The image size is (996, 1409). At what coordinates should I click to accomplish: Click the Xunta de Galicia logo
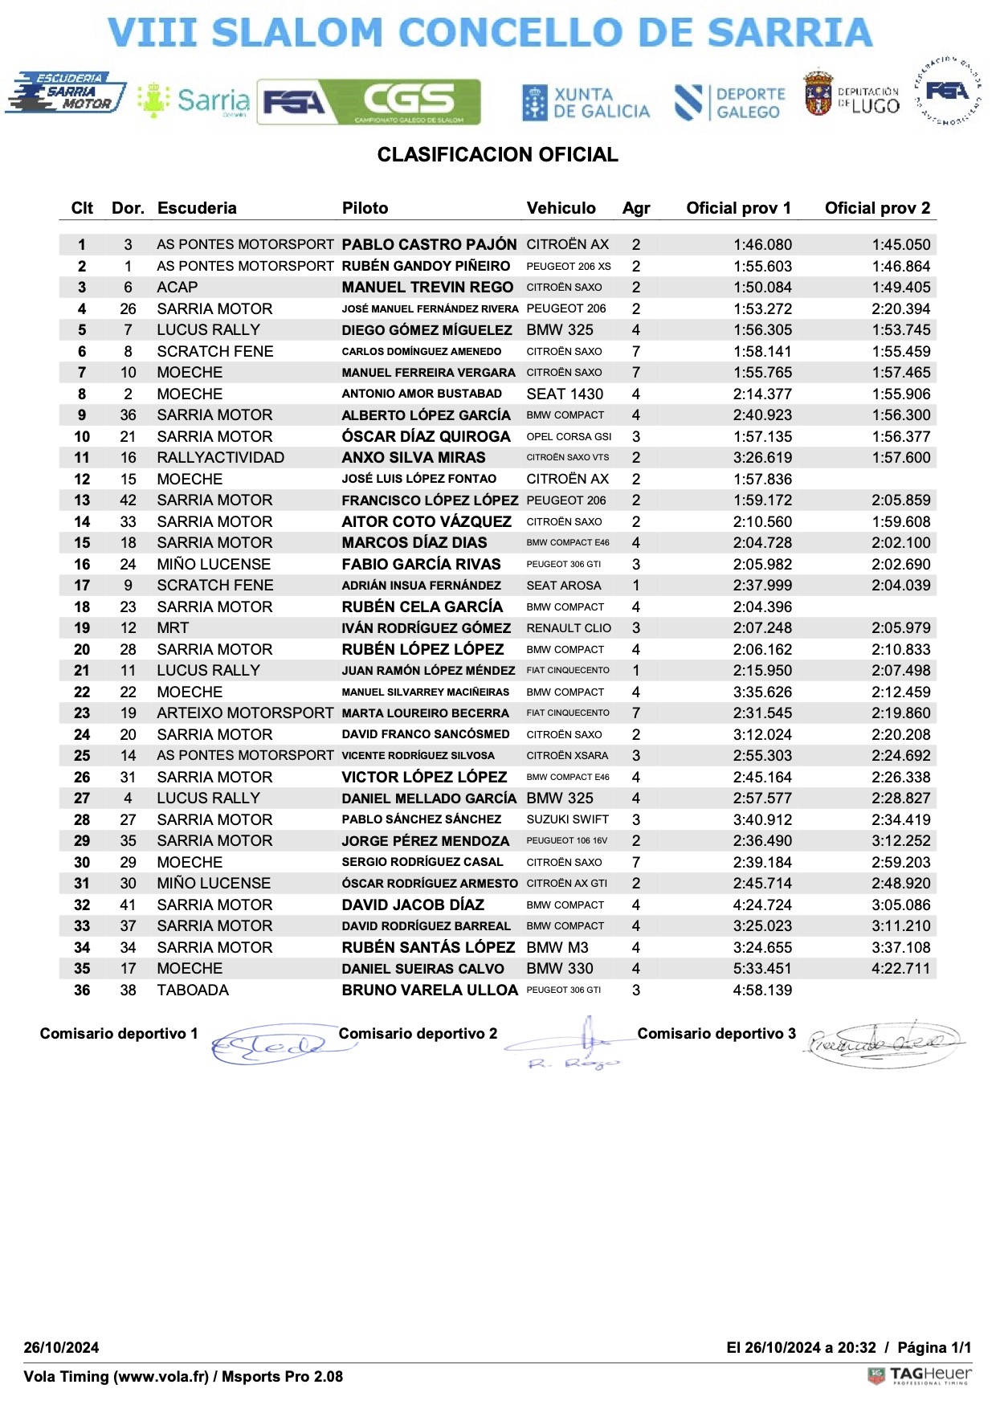(586, 103)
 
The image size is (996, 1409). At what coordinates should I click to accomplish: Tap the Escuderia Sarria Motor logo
(66, 93)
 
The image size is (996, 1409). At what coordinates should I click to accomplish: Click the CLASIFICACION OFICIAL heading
(497, 155)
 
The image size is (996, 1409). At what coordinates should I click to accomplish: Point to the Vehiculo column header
(561, 208)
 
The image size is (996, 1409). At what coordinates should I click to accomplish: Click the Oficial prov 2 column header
(877, 208)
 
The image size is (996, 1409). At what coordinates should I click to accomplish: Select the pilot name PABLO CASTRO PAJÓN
(429, 244)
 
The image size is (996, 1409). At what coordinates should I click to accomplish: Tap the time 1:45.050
(901, 244)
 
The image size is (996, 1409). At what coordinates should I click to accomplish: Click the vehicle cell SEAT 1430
(565, 394)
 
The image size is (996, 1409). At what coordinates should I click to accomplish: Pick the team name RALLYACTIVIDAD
(220, 457)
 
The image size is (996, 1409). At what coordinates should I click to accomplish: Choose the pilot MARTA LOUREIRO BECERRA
(425, 713)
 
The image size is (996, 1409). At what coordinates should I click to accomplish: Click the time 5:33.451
(762, 968)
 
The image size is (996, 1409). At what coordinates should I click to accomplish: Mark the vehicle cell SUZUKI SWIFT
(567, 819)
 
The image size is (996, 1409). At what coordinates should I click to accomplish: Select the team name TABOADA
(193, 990)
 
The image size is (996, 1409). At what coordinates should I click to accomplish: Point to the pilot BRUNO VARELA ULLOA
(430, 990)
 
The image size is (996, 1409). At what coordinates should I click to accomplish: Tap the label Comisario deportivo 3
(716, 1034)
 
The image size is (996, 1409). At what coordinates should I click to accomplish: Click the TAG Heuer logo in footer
(920, 1376)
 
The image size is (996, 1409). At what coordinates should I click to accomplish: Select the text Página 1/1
(934, 1347)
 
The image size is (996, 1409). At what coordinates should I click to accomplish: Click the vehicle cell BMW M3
(557, 947)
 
